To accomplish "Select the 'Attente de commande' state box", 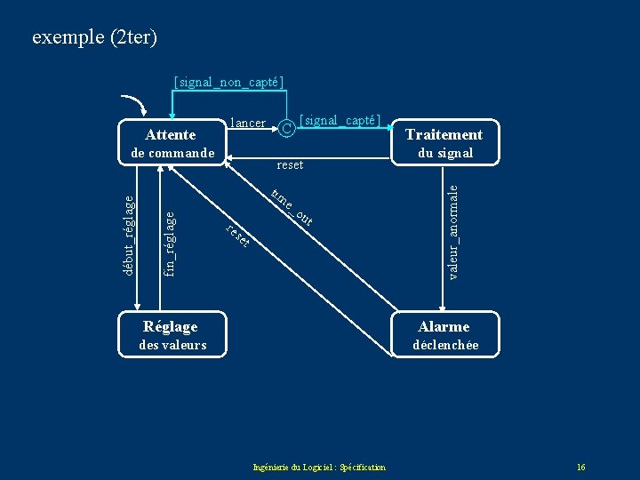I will [169, 143].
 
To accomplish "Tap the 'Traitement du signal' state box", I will [444, 143].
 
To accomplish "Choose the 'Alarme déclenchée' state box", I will [444, 335].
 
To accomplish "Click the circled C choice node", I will [286, 129].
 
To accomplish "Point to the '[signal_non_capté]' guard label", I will [229, 83].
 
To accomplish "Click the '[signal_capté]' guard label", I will [340, 120].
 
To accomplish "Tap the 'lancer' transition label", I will [248, 123].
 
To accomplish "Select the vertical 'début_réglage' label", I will [129, 235].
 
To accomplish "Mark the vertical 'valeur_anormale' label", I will [453, 231].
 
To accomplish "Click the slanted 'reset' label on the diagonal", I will [236, 236].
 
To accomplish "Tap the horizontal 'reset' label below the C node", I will [290, 164].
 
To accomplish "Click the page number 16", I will [580, 468].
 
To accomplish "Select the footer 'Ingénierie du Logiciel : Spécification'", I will [319, 468].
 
